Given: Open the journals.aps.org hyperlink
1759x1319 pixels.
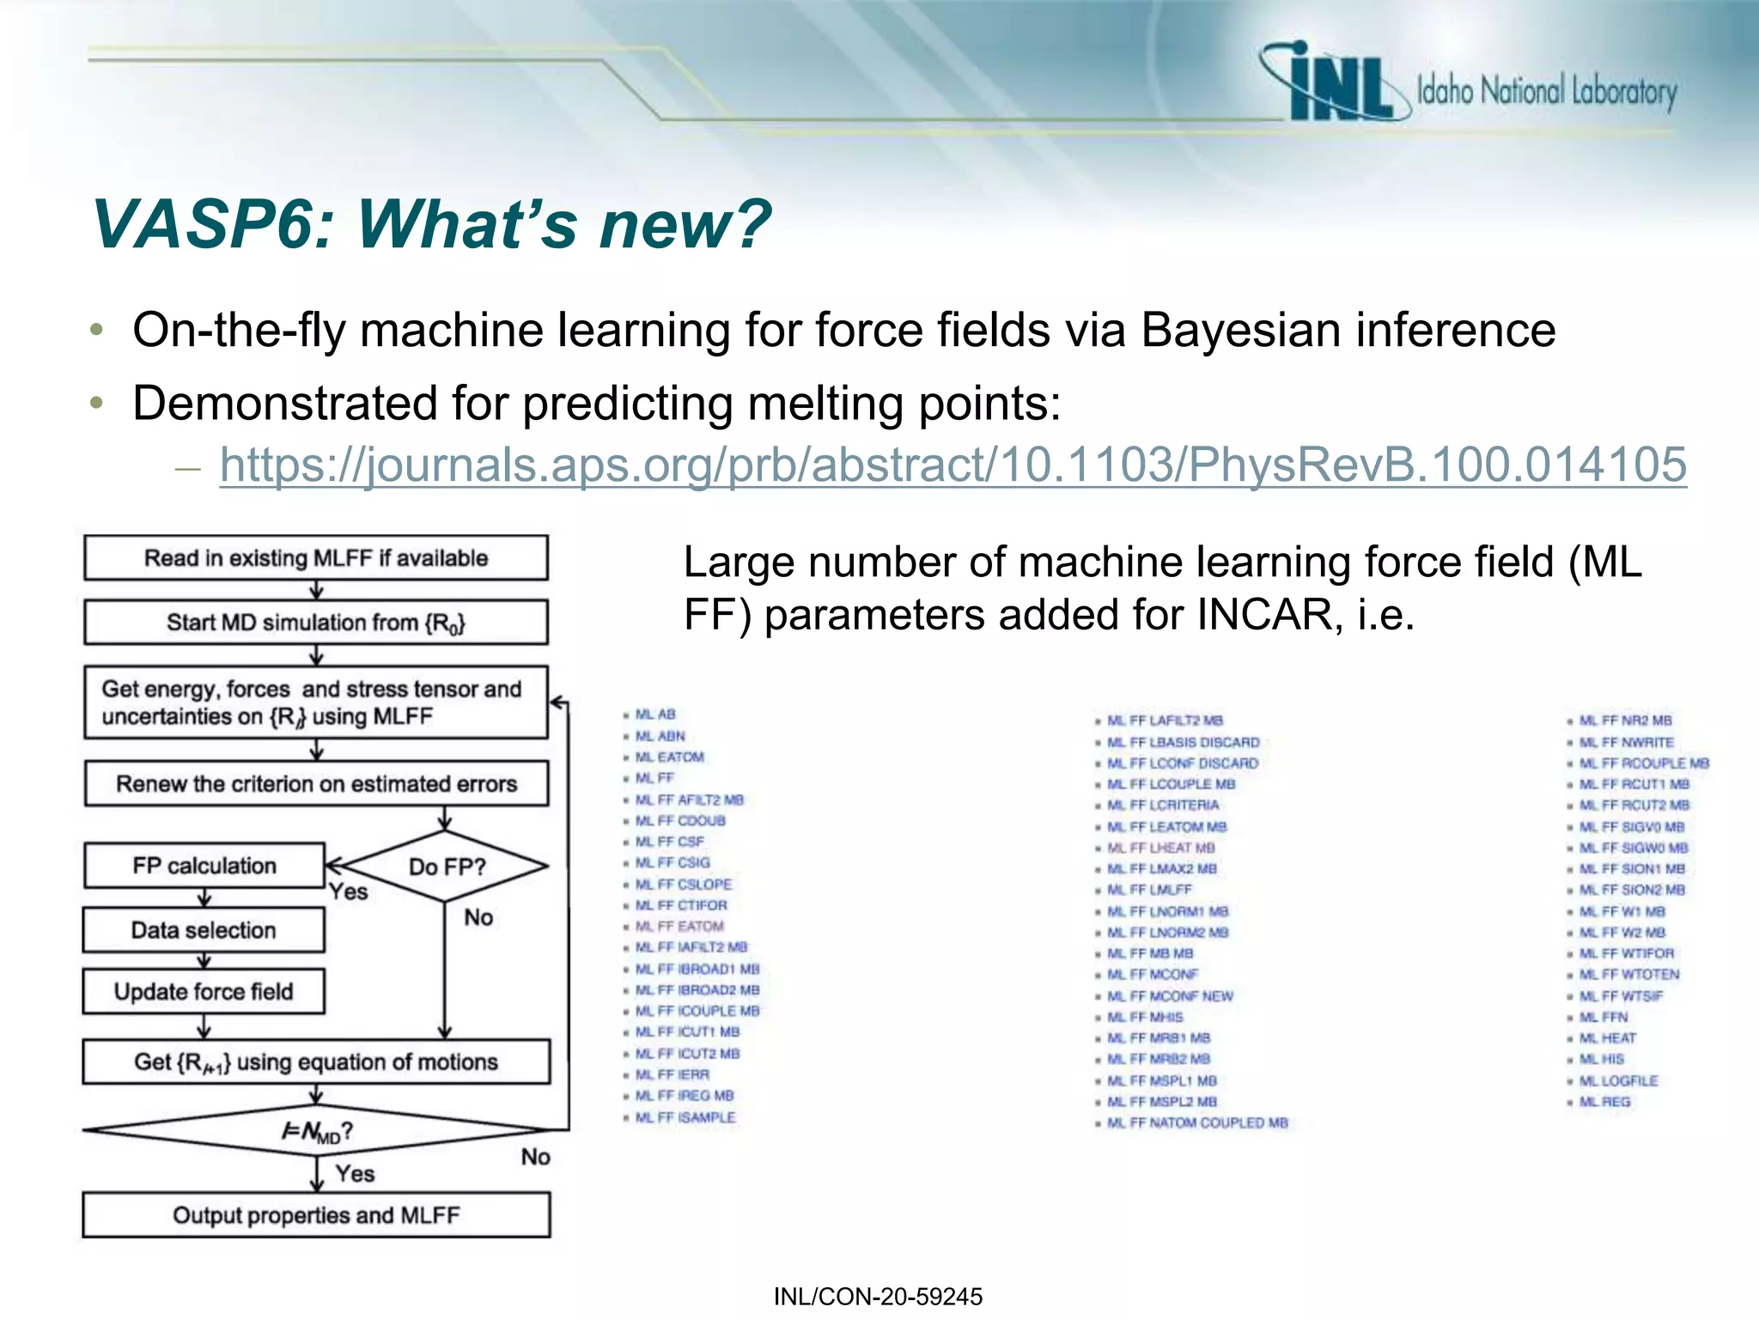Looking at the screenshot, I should click(x=953, y=465).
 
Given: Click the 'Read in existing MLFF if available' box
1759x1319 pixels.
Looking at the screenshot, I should click(x=315, y=558).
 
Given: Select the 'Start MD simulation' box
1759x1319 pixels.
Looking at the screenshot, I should click(x=315, y=623).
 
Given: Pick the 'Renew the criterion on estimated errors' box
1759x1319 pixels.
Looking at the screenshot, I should click(x=316, y=784).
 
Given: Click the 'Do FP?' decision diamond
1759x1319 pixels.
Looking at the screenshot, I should click(x=446, y=866).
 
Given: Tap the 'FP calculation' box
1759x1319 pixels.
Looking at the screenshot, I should click(x=204, y=866).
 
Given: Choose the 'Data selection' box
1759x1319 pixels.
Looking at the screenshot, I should click(x=204, y=930).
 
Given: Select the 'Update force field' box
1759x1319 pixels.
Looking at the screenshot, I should click(x=204, y=992).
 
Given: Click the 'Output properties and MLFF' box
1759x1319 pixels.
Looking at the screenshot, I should click(x=316, y=1215).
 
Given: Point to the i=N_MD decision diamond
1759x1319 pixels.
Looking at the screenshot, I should click(x=316, y=1132).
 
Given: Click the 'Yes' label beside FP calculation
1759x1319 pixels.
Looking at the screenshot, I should click(x=348, y=892).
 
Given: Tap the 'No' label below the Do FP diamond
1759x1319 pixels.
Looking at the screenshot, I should click(x=478, y=918).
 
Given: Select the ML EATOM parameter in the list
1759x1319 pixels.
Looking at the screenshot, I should click(x=669, y=757).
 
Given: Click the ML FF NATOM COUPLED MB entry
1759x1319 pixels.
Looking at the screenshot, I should click(x=1197, y=1123).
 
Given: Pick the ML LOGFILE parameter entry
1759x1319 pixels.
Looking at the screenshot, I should click(x=1618, y=1081).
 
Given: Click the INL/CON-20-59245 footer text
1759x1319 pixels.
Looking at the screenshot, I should click(x=878, y=1297).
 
